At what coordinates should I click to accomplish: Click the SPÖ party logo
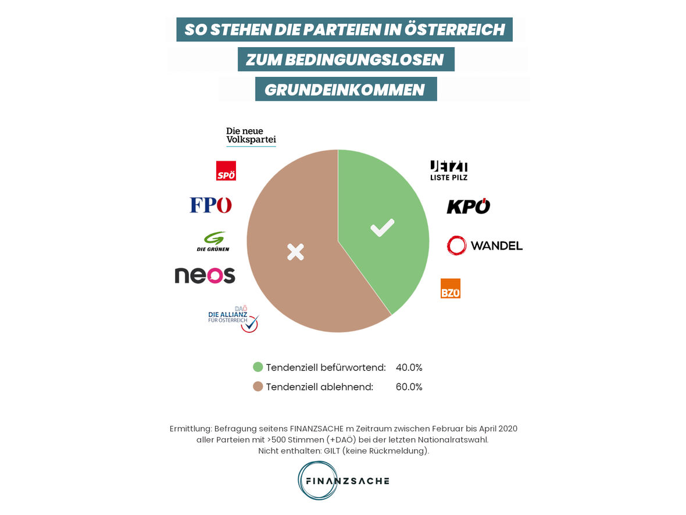pos(226,171)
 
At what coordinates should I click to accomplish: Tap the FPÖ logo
pos(210,205)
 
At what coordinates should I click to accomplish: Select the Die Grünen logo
pos(213,241)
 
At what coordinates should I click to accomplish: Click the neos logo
pos(205,275)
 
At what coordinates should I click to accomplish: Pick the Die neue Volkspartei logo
pos(251,136)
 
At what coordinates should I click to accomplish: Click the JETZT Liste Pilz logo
pos(449,170)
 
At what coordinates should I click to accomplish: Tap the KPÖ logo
pos(468,206)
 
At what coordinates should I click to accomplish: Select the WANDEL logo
pos(484,246)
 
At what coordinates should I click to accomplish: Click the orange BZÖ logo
pos(451,288)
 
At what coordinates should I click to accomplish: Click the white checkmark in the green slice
pos(382,228)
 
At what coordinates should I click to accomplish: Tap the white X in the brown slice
pos(295,252)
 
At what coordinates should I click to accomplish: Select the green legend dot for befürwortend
pos(258,367)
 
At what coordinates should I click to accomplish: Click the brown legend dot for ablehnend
pos(258,386)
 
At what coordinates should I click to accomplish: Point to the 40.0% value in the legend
pos(409,367)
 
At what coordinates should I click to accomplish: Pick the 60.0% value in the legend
pos(409,386)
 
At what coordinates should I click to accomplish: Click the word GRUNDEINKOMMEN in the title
pos(345,90)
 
